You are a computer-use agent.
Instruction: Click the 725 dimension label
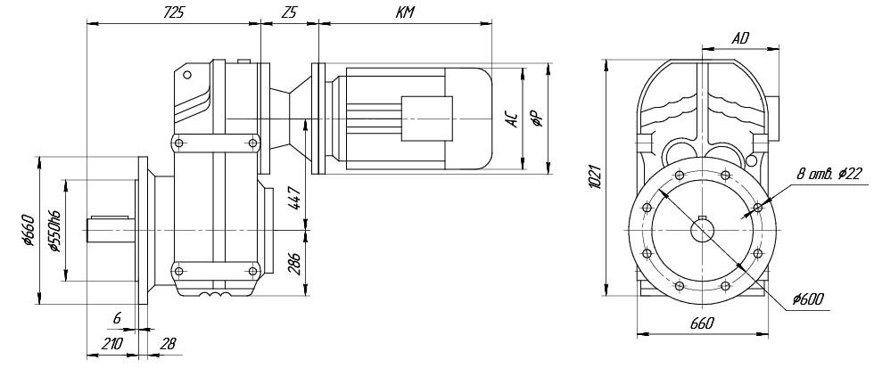[174, 13]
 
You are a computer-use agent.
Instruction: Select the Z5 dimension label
[289, 13]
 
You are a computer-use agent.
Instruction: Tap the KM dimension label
[405, 12]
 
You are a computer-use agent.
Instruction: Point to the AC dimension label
[512, 119]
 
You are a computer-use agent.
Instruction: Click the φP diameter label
[537, 119]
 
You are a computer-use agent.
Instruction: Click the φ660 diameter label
[29, 230]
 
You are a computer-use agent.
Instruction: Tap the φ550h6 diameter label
[54, 231]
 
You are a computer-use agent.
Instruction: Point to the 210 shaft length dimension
[111, 344]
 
